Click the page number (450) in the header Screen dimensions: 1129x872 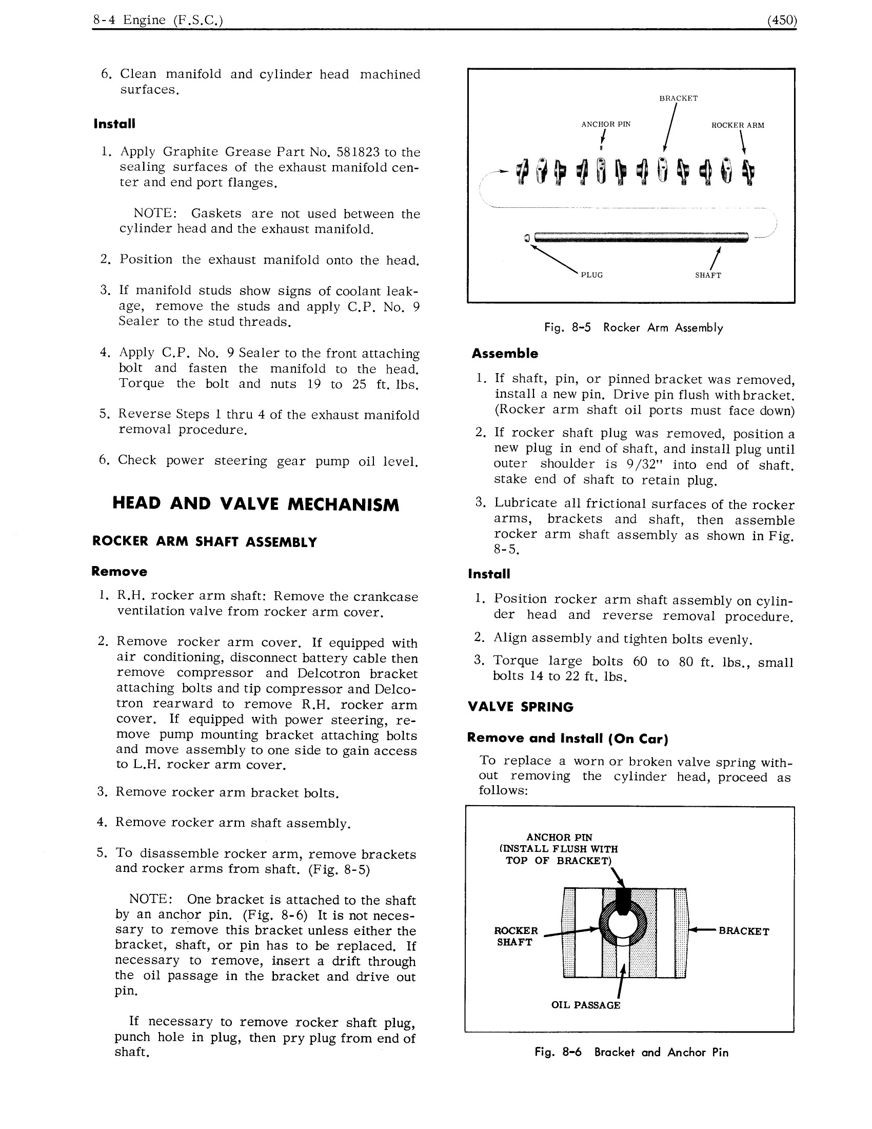click(782, 20)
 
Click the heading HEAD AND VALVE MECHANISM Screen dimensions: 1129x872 click(256, 504)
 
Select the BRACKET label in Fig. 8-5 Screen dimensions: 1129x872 click(678, 98)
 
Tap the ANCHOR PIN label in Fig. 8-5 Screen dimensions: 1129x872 click(605, 124)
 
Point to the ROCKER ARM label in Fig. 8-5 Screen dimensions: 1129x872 click(737, 125)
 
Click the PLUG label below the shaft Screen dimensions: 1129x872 click(591, 275)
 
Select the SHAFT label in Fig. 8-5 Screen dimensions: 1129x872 click(708, 276)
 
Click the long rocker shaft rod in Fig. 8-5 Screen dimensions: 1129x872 click(641, 238)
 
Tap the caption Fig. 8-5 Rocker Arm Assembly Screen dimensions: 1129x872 click(633, 328)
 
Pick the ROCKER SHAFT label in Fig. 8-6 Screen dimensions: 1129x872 click(516, 936)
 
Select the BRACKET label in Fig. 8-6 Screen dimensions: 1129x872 click(743, 931)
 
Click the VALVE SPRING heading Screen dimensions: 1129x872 click(520, 707)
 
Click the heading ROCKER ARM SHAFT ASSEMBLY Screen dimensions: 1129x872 click(204, 542)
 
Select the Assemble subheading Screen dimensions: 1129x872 click(504, 354)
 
